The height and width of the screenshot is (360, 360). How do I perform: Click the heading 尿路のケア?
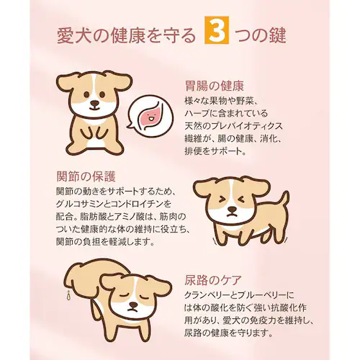click(213, 280)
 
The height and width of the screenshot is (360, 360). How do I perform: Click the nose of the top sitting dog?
click(94, 103)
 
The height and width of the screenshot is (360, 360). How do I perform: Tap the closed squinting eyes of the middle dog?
click(230, 199)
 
